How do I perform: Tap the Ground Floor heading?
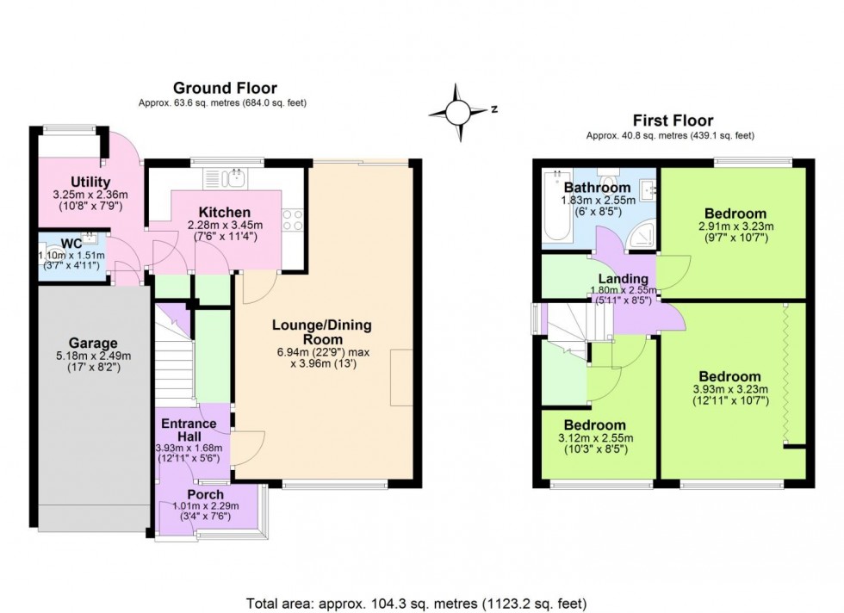click(x=225, y=88)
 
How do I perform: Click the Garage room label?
click(x=94, y=343)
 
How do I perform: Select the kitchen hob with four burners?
click(x=292, y=220)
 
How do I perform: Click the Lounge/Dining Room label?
click(x=321, y=332)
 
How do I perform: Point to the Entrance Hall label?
click(x=189, y=430)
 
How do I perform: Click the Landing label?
click(x=624, y=279)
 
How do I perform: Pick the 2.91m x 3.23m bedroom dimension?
click(x=735, y=227)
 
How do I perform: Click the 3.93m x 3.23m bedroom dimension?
click(x=729, y=389)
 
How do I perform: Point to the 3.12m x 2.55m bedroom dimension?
click(x=595, y=438)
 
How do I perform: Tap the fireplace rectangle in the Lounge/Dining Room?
click(x=400, y=377)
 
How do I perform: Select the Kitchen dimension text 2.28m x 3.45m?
click(x=225, y=226)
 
